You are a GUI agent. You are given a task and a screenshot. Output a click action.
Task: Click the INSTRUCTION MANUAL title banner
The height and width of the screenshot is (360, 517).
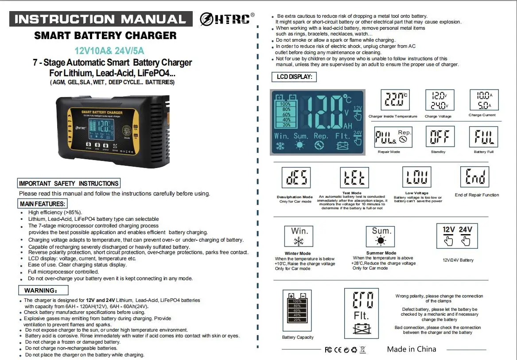click(101, 19)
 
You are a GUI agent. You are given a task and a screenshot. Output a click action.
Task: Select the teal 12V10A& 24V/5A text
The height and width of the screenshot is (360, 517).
click(109, 51)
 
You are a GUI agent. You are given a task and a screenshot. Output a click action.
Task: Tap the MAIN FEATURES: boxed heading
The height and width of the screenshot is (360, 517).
click(42, 203)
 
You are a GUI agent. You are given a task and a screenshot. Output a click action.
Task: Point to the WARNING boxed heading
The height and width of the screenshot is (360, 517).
click(43, 290)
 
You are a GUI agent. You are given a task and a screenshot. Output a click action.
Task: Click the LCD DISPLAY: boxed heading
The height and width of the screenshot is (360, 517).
click(294, 77)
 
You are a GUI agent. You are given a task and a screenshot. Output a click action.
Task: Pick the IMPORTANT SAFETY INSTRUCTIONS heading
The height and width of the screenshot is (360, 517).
click(69, 183)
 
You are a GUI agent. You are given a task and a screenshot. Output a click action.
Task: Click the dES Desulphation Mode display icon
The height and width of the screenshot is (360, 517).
click(296, 177)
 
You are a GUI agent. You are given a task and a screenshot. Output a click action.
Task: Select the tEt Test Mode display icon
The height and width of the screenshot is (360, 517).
click(354, 177)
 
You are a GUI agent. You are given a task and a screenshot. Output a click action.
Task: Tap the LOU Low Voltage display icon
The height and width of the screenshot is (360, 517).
click(417, 177)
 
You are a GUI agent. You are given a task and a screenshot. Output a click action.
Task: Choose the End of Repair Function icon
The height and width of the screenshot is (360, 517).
click(475, 177)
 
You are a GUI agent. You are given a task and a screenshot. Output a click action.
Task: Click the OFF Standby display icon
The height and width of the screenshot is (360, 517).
click(440, 136)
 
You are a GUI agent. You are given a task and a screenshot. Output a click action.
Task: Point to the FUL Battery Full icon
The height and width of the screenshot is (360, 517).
click(484, 137)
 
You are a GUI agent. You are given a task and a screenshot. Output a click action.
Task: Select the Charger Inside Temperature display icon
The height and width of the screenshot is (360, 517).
click(395, 100)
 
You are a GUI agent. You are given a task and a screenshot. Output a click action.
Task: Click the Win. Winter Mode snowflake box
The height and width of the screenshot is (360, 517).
click(299, 236)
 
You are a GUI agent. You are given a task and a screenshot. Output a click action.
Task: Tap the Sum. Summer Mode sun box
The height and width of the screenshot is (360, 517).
click(381, 236)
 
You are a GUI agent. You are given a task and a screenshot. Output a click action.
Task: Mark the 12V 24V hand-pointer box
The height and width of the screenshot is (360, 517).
click(457, 236)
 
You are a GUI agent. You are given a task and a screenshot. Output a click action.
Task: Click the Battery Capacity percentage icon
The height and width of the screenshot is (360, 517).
click(297, 310)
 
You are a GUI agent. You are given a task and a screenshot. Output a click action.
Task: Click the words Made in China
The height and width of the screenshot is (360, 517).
click(412, 349)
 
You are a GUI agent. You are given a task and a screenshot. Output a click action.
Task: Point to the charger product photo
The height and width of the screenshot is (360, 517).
click(113, 131)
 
